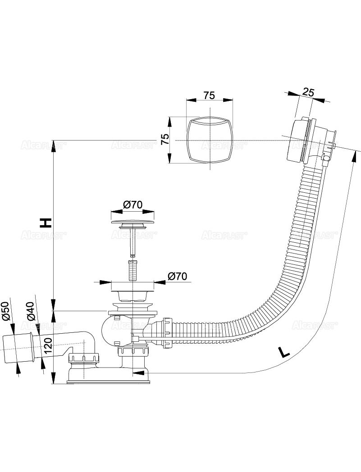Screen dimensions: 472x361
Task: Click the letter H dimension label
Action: point(46,222)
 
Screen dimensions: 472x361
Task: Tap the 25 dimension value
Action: point(308,92)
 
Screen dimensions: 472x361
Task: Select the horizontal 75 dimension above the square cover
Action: point(209,95)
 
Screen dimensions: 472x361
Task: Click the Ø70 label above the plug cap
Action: point(133,204)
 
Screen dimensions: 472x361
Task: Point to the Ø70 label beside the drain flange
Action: point(177,277)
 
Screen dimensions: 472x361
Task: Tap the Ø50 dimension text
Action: point(6,311)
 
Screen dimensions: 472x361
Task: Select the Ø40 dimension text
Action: point(30,311)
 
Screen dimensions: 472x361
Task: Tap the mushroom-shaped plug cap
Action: point(133,224)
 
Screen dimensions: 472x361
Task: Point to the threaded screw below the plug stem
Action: point(133,269)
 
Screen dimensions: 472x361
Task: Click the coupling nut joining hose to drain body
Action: point(168,332)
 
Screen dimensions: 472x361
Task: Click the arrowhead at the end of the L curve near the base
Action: point(138,373)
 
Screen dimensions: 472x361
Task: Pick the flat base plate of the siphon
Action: point(108,382)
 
